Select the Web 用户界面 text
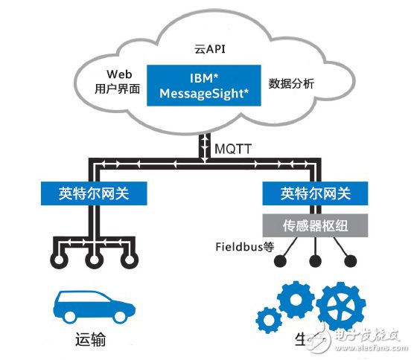(114, 82)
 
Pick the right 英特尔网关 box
(316, 195)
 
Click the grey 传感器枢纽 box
(316, 223)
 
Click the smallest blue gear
(267, 321)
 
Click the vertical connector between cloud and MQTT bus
(205, 147)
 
